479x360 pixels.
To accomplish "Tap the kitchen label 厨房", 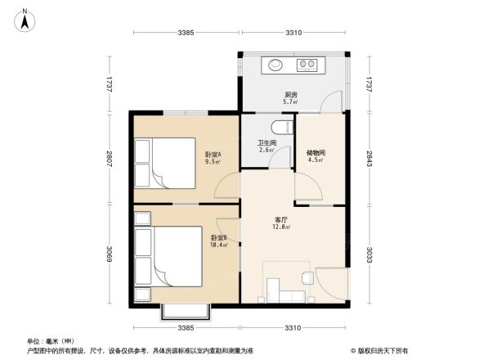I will (x=289, y=94).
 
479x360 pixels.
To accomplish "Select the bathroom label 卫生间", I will (x=267, y=142).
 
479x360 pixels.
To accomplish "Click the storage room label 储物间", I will (x=315, y=151).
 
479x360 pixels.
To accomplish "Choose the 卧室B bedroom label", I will (x=217, y=237).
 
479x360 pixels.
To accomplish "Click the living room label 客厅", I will (x=282, y=219).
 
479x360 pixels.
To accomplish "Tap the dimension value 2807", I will (x=108, y=157).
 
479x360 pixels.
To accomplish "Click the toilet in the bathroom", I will (x=281, y=128).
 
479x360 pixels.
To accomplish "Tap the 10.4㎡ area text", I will (x=217, y=245).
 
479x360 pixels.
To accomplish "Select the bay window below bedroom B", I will (x=186, y=311).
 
